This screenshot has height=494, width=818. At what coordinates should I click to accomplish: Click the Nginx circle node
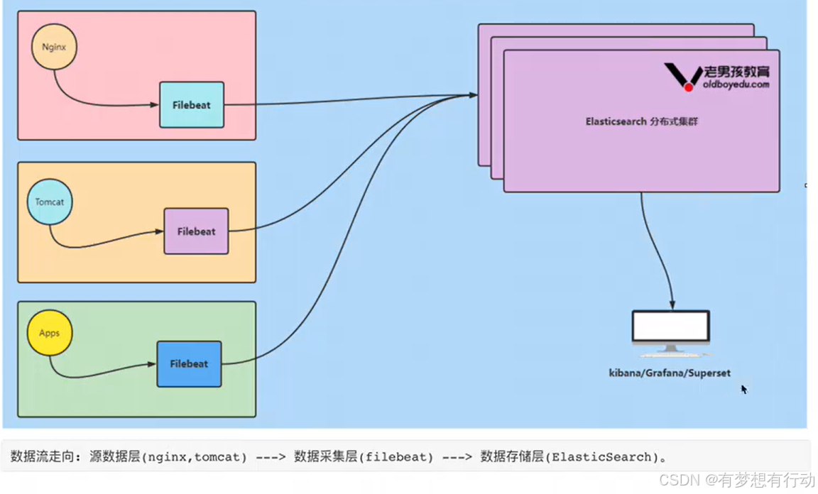click(53, 47)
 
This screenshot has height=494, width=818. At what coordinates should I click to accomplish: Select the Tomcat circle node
click(50, 202)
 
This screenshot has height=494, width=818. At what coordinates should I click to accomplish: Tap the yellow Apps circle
click(50, 333)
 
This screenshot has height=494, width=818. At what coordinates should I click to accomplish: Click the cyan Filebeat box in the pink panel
click(192, 105)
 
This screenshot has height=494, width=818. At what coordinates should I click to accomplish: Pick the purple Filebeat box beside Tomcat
click(196, 231)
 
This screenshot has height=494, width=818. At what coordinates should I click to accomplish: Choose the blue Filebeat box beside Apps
click(189, 364)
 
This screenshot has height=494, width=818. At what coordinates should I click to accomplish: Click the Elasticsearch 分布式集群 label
click(641, 121)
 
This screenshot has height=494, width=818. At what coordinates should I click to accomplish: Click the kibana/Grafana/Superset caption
click(670, 373)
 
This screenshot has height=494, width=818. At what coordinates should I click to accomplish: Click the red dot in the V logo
click(688, 87)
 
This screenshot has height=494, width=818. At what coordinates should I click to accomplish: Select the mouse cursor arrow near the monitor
click(743, 389)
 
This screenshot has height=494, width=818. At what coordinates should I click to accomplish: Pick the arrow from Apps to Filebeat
click(92, 374)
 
